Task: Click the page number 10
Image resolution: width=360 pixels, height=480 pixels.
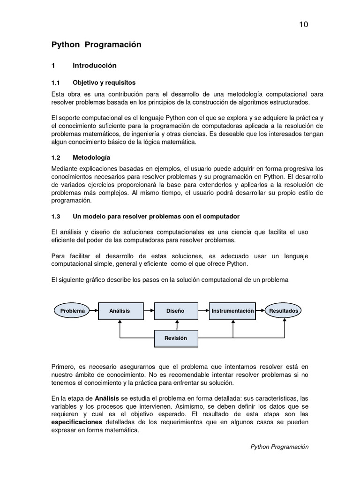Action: [x=303, y=25]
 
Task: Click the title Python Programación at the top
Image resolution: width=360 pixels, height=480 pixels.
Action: [x=96, y=45]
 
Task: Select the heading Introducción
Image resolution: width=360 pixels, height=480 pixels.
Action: [x=94, y=66]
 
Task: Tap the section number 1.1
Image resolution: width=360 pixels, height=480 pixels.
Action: [x=56, y=82]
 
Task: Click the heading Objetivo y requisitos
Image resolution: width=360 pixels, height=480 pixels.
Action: [x=104, y=82]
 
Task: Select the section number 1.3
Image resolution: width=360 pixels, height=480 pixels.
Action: [x=56, y=217]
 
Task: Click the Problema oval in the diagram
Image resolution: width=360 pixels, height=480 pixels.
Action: [x=72, y=311]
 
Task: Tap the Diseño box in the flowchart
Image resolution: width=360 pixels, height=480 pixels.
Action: [x=176, y=311]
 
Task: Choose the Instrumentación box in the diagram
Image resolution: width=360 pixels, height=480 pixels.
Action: [x=232, y=311]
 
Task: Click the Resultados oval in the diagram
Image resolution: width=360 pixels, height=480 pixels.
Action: [x=284, y=311]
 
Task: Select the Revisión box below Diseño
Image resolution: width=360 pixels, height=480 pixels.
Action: [x=176, y=338]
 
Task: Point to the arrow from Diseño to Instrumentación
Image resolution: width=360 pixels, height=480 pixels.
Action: [x=202, y=311]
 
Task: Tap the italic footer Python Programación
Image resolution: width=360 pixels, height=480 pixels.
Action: [x=280, y=447]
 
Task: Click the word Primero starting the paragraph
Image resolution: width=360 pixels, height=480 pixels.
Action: [x=63, y=366]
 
